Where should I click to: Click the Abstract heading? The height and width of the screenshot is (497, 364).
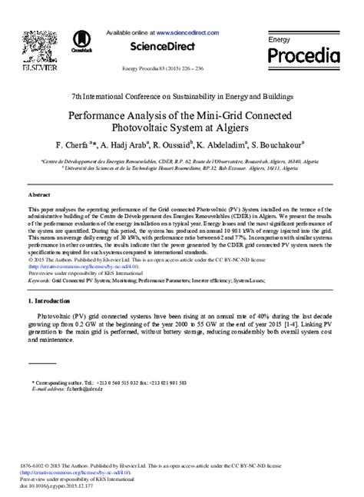click(39, 196)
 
